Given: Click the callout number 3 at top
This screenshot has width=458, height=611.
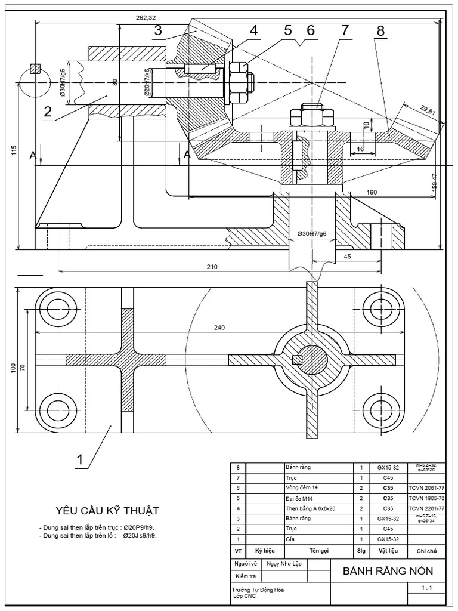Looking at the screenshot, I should point(158,31).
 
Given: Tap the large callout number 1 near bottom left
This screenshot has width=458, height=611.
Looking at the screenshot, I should point(79,460).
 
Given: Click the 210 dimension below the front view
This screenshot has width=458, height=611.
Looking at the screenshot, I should point(211,266).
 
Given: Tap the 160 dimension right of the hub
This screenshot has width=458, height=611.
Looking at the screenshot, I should point(372,192).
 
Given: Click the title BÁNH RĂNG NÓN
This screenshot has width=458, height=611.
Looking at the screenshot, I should point(388,571).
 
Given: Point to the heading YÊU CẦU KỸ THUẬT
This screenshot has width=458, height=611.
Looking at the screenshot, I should point(107,510).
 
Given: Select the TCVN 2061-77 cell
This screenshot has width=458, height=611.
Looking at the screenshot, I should point(423,487).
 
